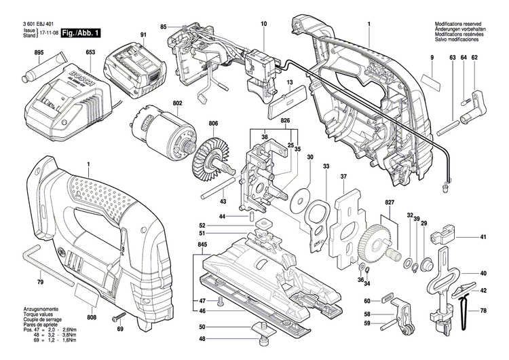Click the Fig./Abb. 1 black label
click(80, 33)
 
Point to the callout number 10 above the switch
click(263, 24)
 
